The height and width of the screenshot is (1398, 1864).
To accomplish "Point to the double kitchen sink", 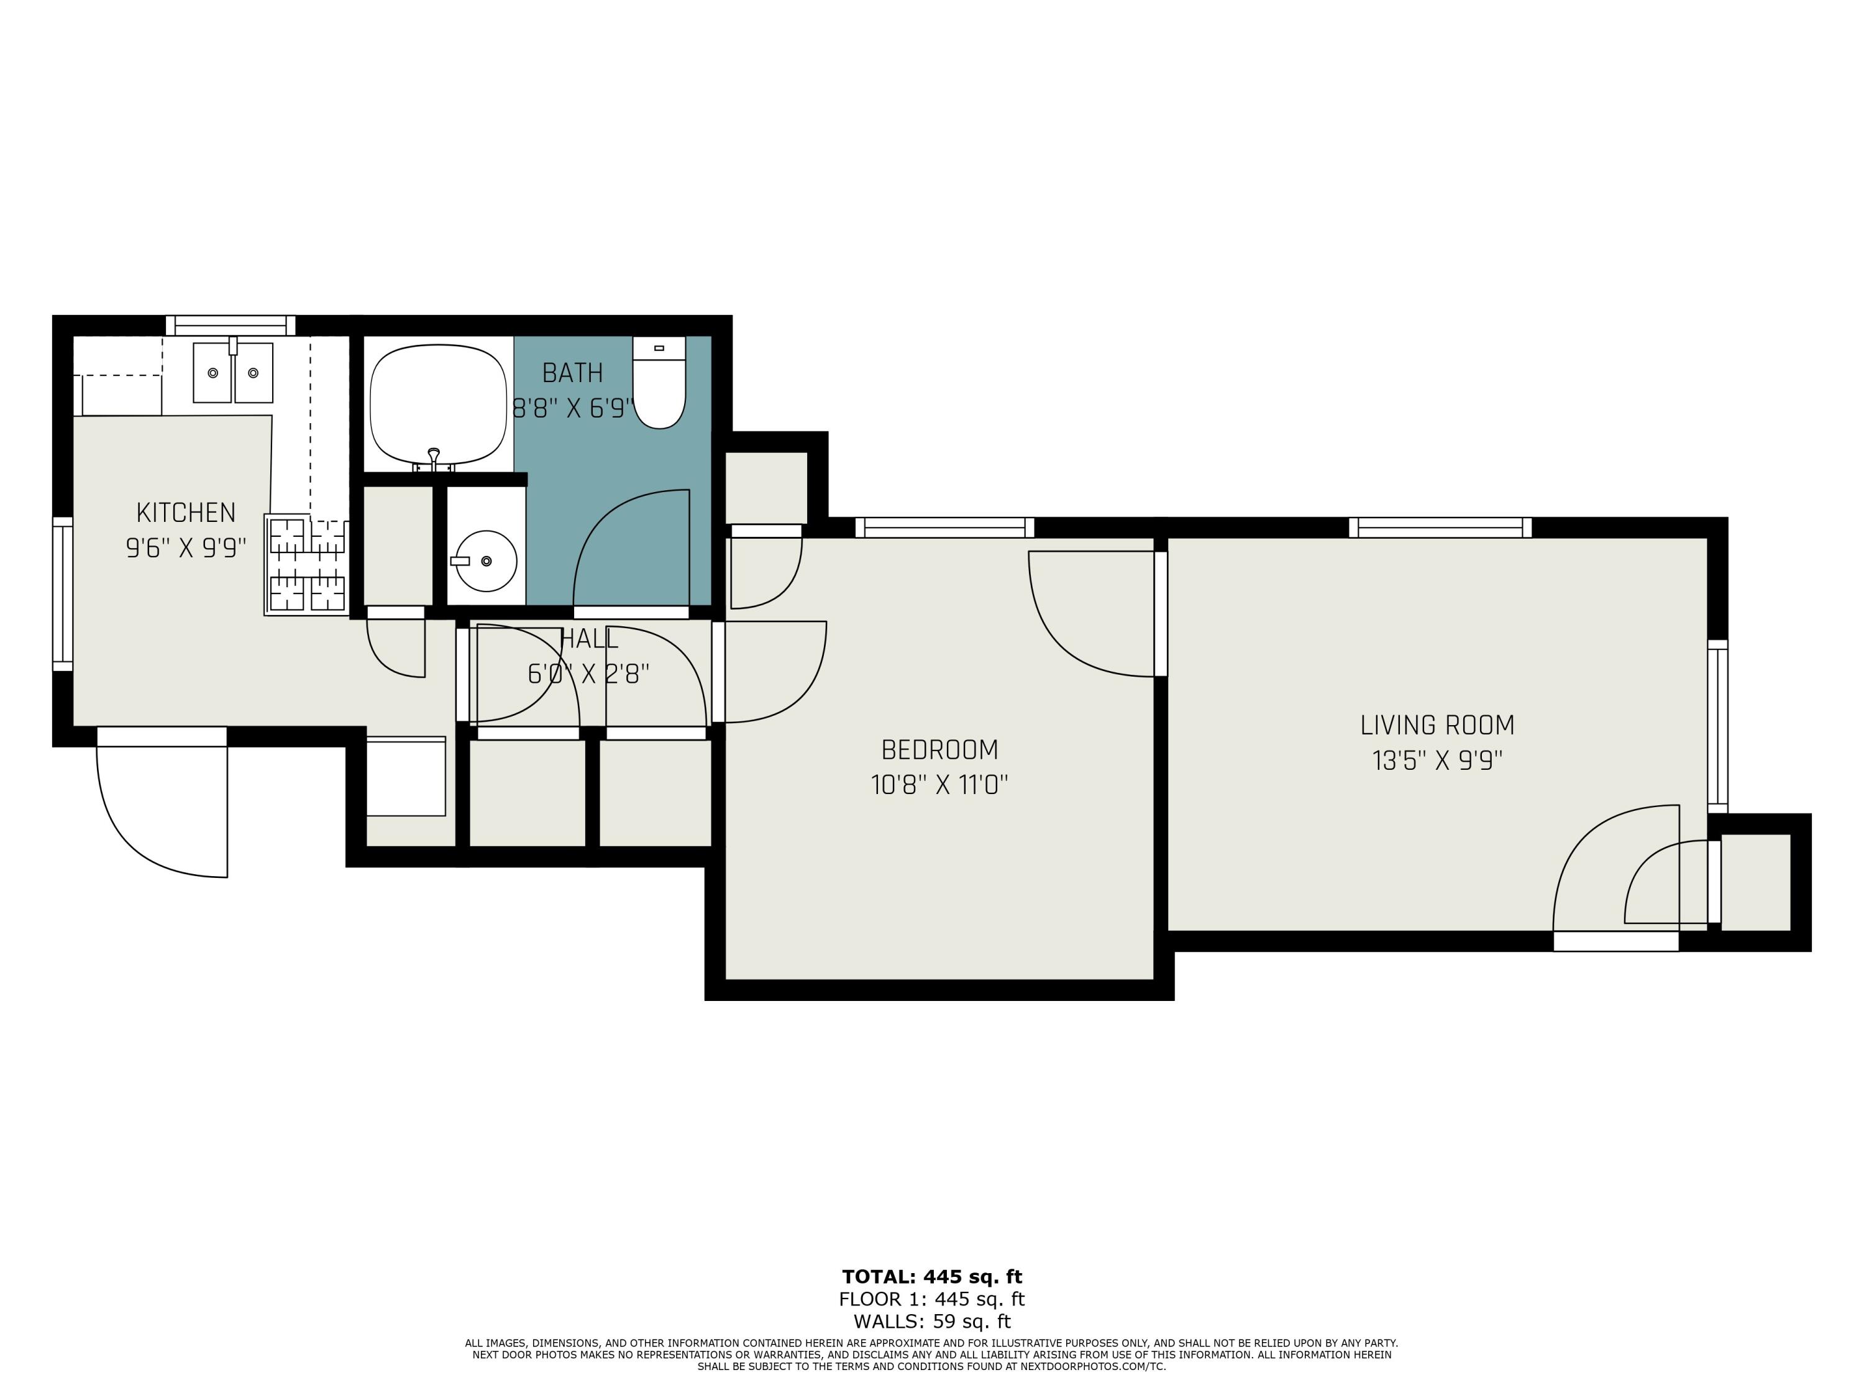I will (232, 372).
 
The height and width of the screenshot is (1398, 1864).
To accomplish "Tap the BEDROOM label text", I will (939, 749).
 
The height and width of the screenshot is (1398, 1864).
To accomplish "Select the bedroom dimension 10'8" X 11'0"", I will (939, 785).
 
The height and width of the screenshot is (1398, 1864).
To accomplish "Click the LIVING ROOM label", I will (1437, 724).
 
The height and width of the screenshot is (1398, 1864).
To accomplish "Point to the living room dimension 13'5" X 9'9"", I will (1437, 760).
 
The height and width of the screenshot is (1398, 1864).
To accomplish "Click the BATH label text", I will (572, 372).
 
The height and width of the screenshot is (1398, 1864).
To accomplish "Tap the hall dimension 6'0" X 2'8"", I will (588, 674).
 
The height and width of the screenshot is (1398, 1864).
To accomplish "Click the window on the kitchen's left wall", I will (62, 594).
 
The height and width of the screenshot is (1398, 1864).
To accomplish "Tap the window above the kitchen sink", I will (230, 326).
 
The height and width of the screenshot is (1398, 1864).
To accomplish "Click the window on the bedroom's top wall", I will (944, 528).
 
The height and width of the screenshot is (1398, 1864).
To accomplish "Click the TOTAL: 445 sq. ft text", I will (931, 1277).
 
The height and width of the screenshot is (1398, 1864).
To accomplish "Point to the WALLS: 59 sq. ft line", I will (931, 1322).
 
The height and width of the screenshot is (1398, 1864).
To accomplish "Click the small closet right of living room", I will (1755, 882).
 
